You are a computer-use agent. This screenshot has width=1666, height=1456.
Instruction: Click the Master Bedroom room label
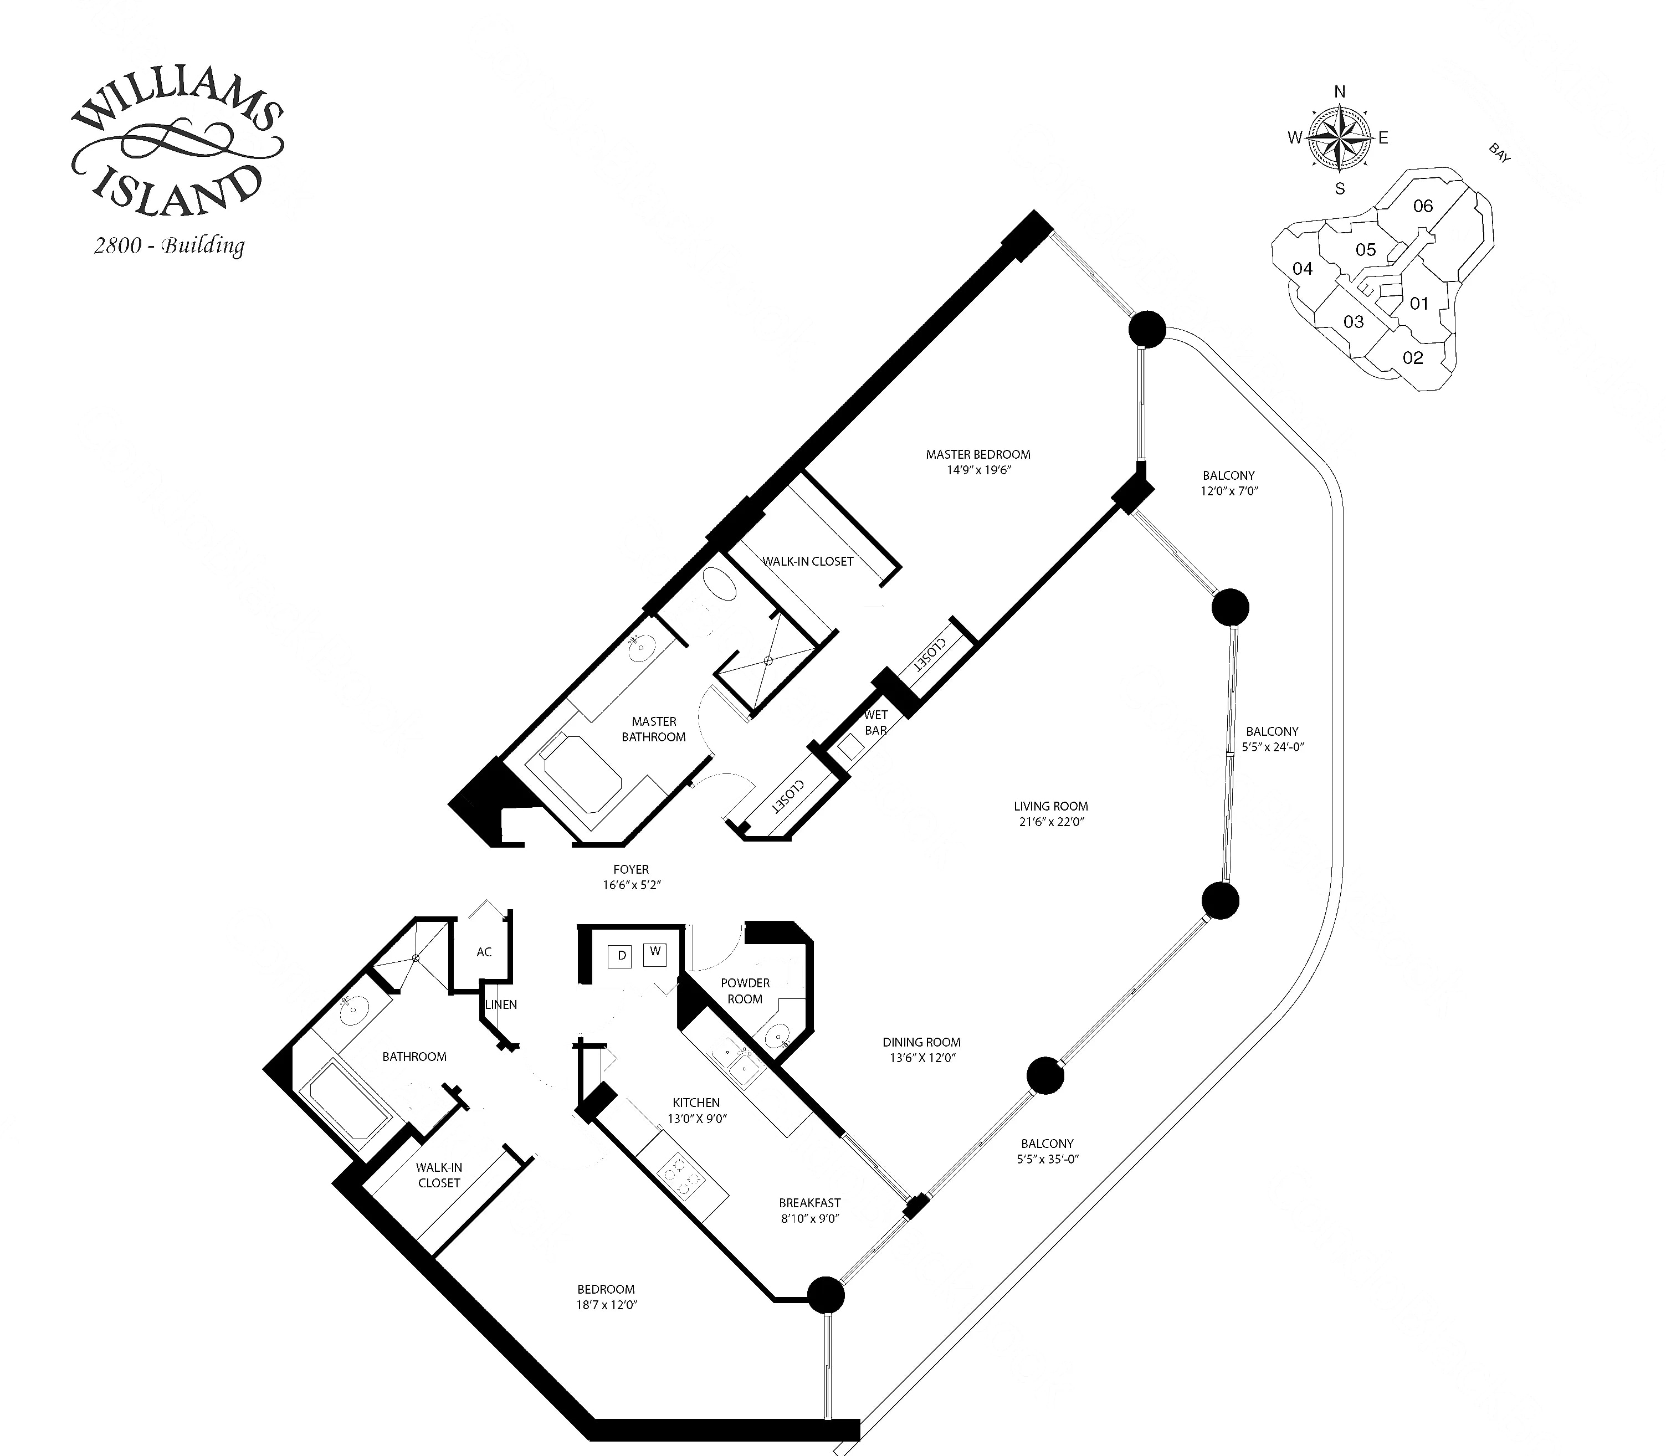(978, 454)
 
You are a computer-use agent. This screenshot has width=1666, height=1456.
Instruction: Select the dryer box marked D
(622, 956)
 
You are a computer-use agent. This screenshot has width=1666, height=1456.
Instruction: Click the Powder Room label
(745, 991)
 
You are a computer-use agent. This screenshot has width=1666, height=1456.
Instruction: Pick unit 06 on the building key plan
(1423, 206)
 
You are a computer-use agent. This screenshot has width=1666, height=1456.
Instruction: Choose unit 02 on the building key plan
(1413, 357)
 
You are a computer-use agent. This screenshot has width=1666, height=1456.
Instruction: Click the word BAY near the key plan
(1499, 153)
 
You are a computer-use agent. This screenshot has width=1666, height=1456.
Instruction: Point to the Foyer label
(631, 869)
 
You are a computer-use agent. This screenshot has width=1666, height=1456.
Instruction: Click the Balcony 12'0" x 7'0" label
(1228, 483)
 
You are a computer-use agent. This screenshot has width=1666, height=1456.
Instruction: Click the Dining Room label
(921, 1042)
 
